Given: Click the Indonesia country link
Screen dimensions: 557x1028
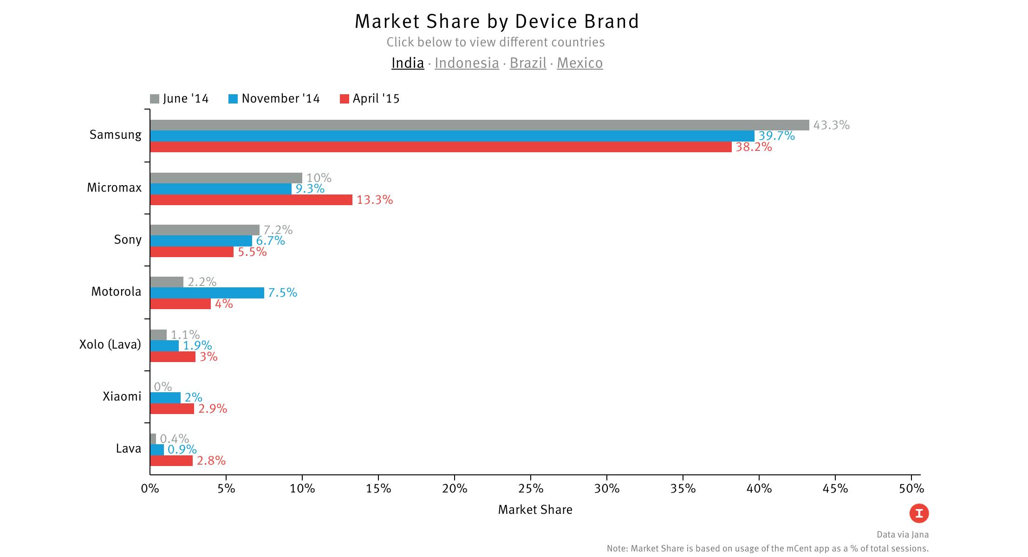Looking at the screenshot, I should [x=467, y=63].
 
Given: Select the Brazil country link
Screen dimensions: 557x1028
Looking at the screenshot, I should [x=528, y=63].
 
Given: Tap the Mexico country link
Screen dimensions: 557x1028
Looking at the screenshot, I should [x=579, y=63].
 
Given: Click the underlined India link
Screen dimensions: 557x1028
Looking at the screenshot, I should [x=408, y=63].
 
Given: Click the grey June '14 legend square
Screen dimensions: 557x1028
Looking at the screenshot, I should [x=155, y=99].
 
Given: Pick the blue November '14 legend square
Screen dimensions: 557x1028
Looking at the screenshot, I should [x=233, y=99].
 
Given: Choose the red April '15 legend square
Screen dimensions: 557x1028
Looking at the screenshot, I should [x=344, y=99].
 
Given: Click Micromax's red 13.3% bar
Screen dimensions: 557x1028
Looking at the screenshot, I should [x=251, y=200].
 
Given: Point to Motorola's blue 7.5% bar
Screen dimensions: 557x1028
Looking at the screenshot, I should [x=207, y=292].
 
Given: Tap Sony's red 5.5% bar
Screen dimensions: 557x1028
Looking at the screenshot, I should [x=192, y=252].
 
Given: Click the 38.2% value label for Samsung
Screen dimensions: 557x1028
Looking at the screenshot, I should [x=754, y=147].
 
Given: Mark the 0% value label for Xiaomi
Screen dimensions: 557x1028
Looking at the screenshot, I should [x=163, y=387].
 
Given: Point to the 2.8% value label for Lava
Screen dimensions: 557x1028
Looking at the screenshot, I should [x=211, y=460].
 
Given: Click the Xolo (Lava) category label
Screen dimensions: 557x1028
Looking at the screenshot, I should [x=110, y=344].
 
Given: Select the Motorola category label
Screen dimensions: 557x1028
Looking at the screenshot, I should [x=116, y=291].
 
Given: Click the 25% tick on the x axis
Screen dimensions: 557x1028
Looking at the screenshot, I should [x=531, y=489].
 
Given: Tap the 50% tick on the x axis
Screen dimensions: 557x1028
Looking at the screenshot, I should [x=911, y=489].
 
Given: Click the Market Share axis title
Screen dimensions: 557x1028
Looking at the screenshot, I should [x=535, y=510].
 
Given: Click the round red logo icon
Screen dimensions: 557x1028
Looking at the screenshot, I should [x=919, y=513].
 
